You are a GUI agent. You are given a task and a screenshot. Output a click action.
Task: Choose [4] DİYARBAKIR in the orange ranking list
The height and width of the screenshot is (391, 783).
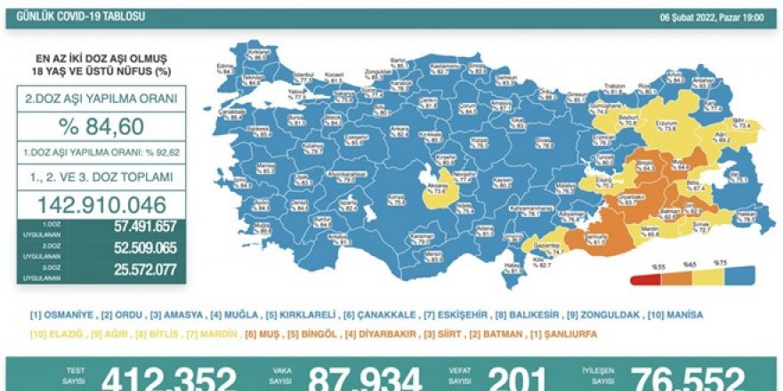tap(385, 334)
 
